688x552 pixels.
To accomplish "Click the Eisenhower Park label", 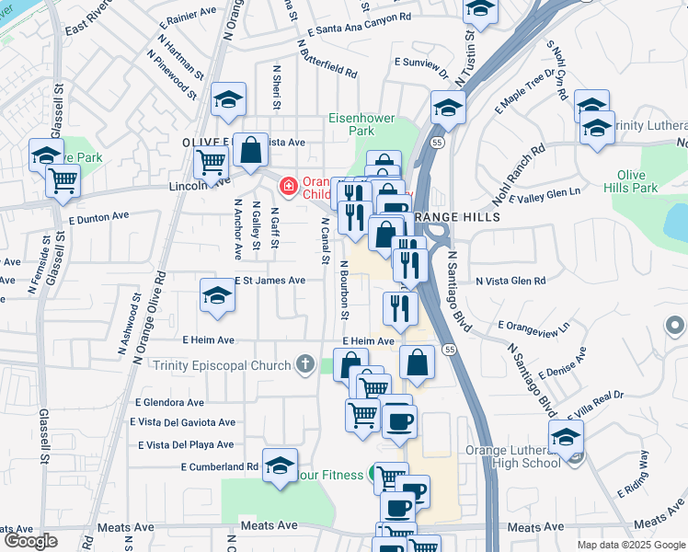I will (x=359, y=123).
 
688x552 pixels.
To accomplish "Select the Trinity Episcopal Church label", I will (x=222, y=365).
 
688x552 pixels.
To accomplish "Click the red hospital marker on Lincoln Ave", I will (x=288, y=187).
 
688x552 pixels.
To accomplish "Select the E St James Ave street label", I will (x=269, y=280).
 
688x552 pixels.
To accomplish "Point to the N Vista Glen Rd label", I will (x=510, y=281).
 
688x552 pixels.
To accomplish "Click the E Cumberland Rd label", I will (x=219, y=466).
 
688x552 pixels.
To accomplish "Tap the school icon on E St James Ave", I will (x=217, y=295).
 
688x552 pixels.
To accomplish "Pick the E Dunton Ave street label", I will (x=99, y=217).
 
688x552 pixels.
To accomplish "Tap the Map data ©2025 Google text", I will (x=630, y=545).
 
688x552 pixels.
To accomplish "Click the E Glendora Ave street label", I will (x=169, y=402).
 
